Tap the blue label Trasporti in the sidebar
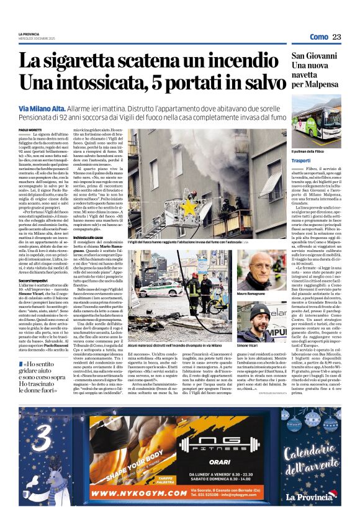pyautogui.click(x=304, y=160)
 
